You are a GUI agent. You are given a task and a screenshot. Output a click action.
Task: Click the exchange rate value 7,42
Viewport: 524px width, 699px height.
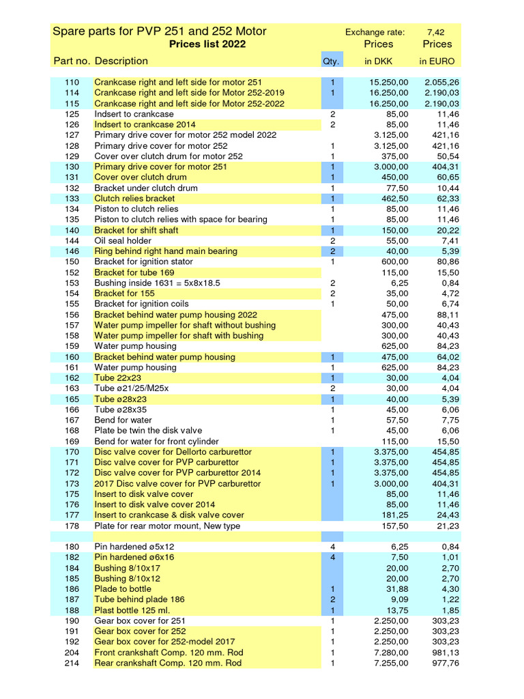tap(437, 32)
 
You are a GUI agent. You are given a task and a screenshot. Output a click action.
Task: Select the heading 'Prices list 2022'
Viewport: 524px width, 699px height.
tap(207, 44)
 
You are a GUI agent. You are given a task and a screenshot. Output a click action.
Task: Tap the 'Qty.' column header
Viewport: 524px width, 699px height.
tap(332, 61)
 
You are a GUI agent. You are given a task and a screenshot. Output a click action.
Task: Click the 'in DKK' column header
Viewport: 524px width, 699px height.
tap(379, 61)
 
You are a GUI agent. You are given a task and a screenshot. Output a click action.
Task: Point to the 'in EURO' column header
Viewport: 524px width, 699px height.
tap(437, 61)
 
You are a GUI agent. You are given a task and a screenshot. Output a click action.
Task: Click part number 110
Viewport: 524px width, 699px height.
tap(72, 82)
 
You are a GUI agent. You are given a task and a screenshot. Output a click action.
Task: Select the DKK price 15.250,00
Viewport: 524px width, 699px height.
tap(385, 82)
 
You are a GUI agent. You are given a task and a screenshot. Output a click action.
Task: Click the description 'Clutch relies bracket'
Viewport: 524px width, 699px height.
tap(134, 199)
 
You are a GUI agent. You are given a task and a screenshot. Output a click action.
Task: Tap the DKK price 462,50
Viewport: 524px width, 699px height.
tap(394, 199)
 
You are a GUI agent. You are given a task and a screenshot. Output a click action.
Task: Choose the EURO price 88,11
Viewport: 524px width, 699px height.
tap(448, 315)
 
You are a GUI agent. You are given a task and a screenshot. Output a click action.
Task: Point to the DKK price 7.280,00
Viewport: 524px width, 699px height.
tap(390, 653)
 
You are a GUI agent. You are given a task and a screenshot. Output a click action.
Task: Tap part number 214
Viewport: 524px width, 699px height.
tap(72, 663)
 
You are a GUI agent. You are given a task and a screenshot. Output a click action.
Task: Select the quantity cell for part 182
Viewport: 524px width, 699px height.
tap(332, 558)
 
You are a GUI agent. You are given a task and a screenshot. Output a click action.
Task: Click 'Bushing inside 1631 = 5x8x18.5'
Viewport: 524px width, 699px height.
tap(157, 283)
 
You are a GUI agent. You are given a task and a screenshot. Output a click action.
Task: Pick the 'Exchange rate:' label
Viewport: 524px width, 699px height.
tap(375, 32)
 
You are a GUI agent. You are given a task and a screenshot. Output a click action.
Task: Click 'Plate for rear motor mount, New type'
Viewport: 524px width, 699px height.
tap(167, 526)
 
